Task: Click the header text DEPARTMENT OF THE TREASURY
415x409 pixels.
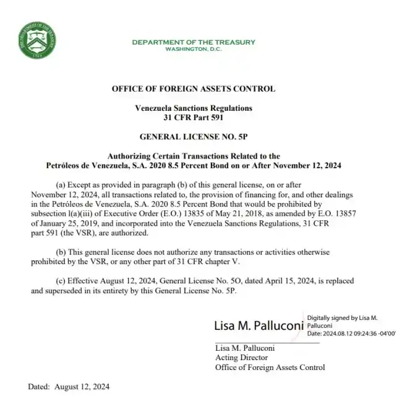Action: (x=194, y=42)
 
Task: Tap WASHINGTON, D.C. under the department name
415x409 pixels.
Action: (x=194, y=49)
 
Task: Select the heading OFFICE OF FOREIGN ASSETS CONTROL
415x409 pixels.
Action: (x=194, y=89)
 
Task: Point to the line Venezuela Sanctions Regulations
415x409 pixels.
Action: (x=194, y=108)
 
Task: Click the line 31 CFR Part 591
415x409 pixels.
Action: (x=194, y=117)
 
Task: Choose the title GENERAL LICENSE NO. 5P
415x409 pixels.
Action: (x=194, y=136)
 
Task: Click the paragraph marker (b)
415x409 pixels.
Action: (x=61, y=252)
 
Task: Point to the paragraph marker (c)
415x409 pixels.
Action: (x=61, y=280)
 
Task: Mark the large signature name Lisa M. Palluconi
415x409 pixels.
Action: (x=258, y=325)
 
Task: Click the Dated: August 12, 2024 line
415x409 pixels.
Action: (x=69, y=387)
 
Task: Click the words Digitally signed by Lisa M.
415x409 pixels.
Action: (x=342, y=318)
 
